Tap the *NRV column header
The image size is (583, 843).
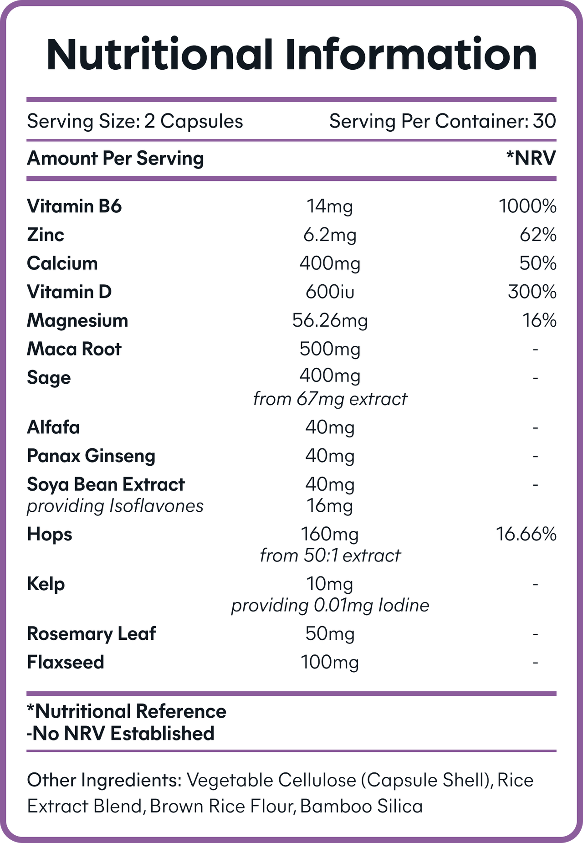[x=531, y=158]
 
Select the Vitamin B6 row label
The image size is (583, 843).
[x=74, y=206]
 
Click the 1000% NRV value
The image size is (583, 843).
[x=527, y=206]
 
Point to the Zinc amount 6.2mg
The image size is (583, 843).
[x=330, y=236]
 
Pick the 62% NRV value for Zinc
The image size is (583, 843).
[x=537, y=235]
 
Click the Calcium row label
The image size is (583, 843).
[x=62, y=263]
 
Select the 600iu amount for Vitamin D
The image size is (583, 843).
[x=330, y=292]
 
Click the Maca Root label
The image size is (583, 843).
[x=74, y=349]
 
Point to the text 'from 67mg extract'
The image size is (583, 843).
[x=330, y=399]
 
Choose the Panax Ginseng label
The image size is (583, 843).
[x=91, y=456]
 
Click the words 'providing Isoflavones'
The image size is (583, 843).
[x=115, y=506]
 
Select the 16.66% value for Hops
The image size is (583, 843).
[x=526, y=534]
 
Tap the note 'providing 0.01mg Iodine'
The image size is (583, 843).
[x=330, y=606]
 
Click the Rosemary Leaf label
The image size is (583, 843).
[x=91, y=634]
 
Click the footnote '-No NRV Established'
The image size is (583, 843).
[x=121, y=734]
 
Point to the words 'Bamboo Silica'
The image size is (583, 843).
[x=362, y=807]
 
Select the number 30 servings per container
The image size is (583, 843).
[x=544, y=121]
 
